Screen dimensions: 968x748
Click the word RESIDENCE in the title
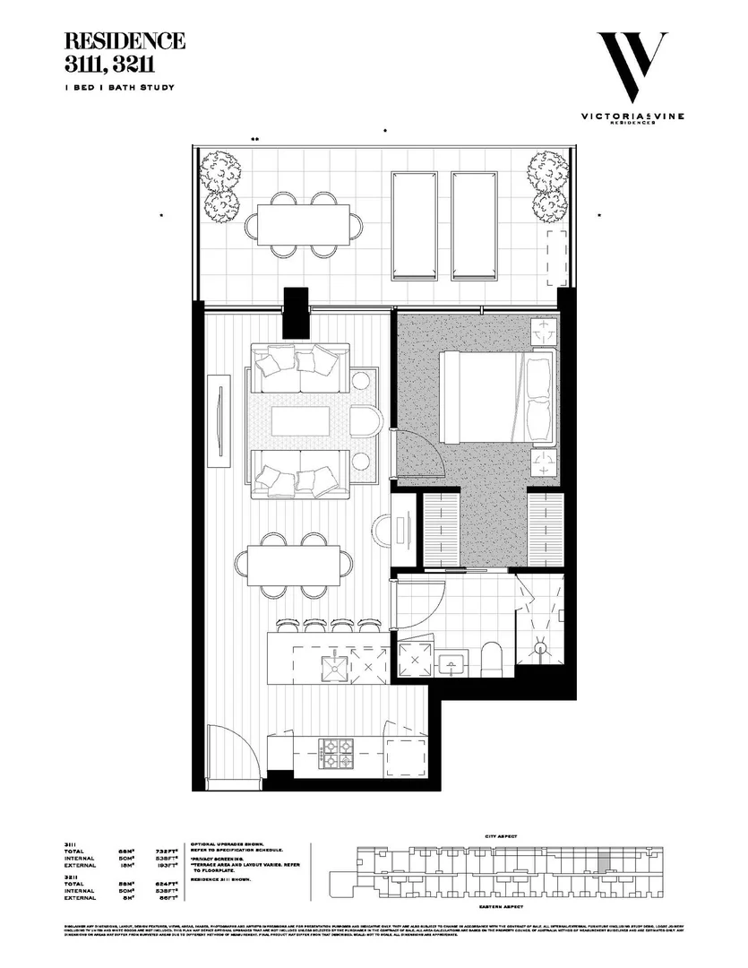coord(125,41)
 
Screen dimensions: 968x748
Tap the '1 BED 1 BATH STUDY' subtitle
coord(119,87)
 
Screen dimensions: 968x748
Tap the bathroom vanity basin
coord(453,662)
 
